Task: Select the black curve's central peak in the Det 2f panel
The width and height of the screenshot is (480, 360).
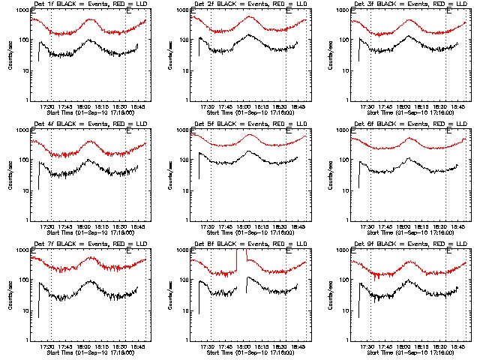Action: [x=248, y=35]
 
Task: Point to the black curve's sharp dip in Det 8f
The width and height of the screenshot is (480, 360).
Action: [x=245, y=295]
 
